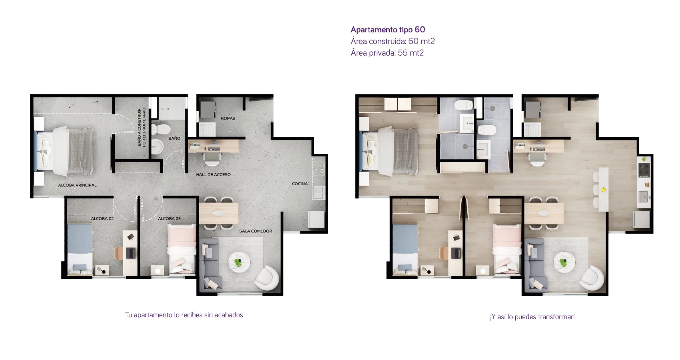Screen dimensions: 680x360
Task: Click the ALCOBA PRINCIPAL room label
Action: point(77,185)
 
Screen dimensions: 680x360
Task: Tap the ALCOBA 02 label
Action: point(102,218)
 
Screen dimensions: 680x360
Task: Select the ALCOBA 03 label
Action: point(170,218)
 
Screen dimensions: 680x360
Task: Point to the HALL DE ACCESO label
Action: point(213,175)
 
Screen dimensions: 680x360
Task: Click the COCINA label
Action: point(300,184)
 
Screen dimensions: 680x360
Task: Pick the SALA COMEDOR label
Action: point(255,231)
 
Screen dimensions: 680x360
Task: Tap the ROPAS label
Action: point(228,118)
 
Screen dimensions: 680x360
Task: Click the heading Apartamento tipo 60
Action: point(388,30)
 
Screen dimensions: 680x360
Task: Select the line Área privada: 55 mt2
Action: point(387,53)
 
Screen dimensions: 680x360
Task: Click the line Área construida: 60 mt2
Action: point(393,41)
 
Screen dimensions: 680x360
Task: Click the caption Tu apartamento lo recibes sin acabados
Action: point(184,315)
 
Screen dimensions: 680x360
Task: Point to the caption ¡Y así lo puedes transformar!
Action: point(532,317)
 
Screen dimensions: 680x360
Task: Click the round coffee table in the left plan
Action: point(239,262)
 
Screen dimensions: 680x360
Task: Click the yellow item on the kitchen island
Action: point(604,190)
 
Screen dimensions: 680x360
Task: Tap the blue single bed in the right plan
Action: point(405,250)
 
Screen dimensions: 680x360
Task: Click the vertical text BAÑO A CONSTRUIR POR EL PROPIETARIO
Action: point(142,127)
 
